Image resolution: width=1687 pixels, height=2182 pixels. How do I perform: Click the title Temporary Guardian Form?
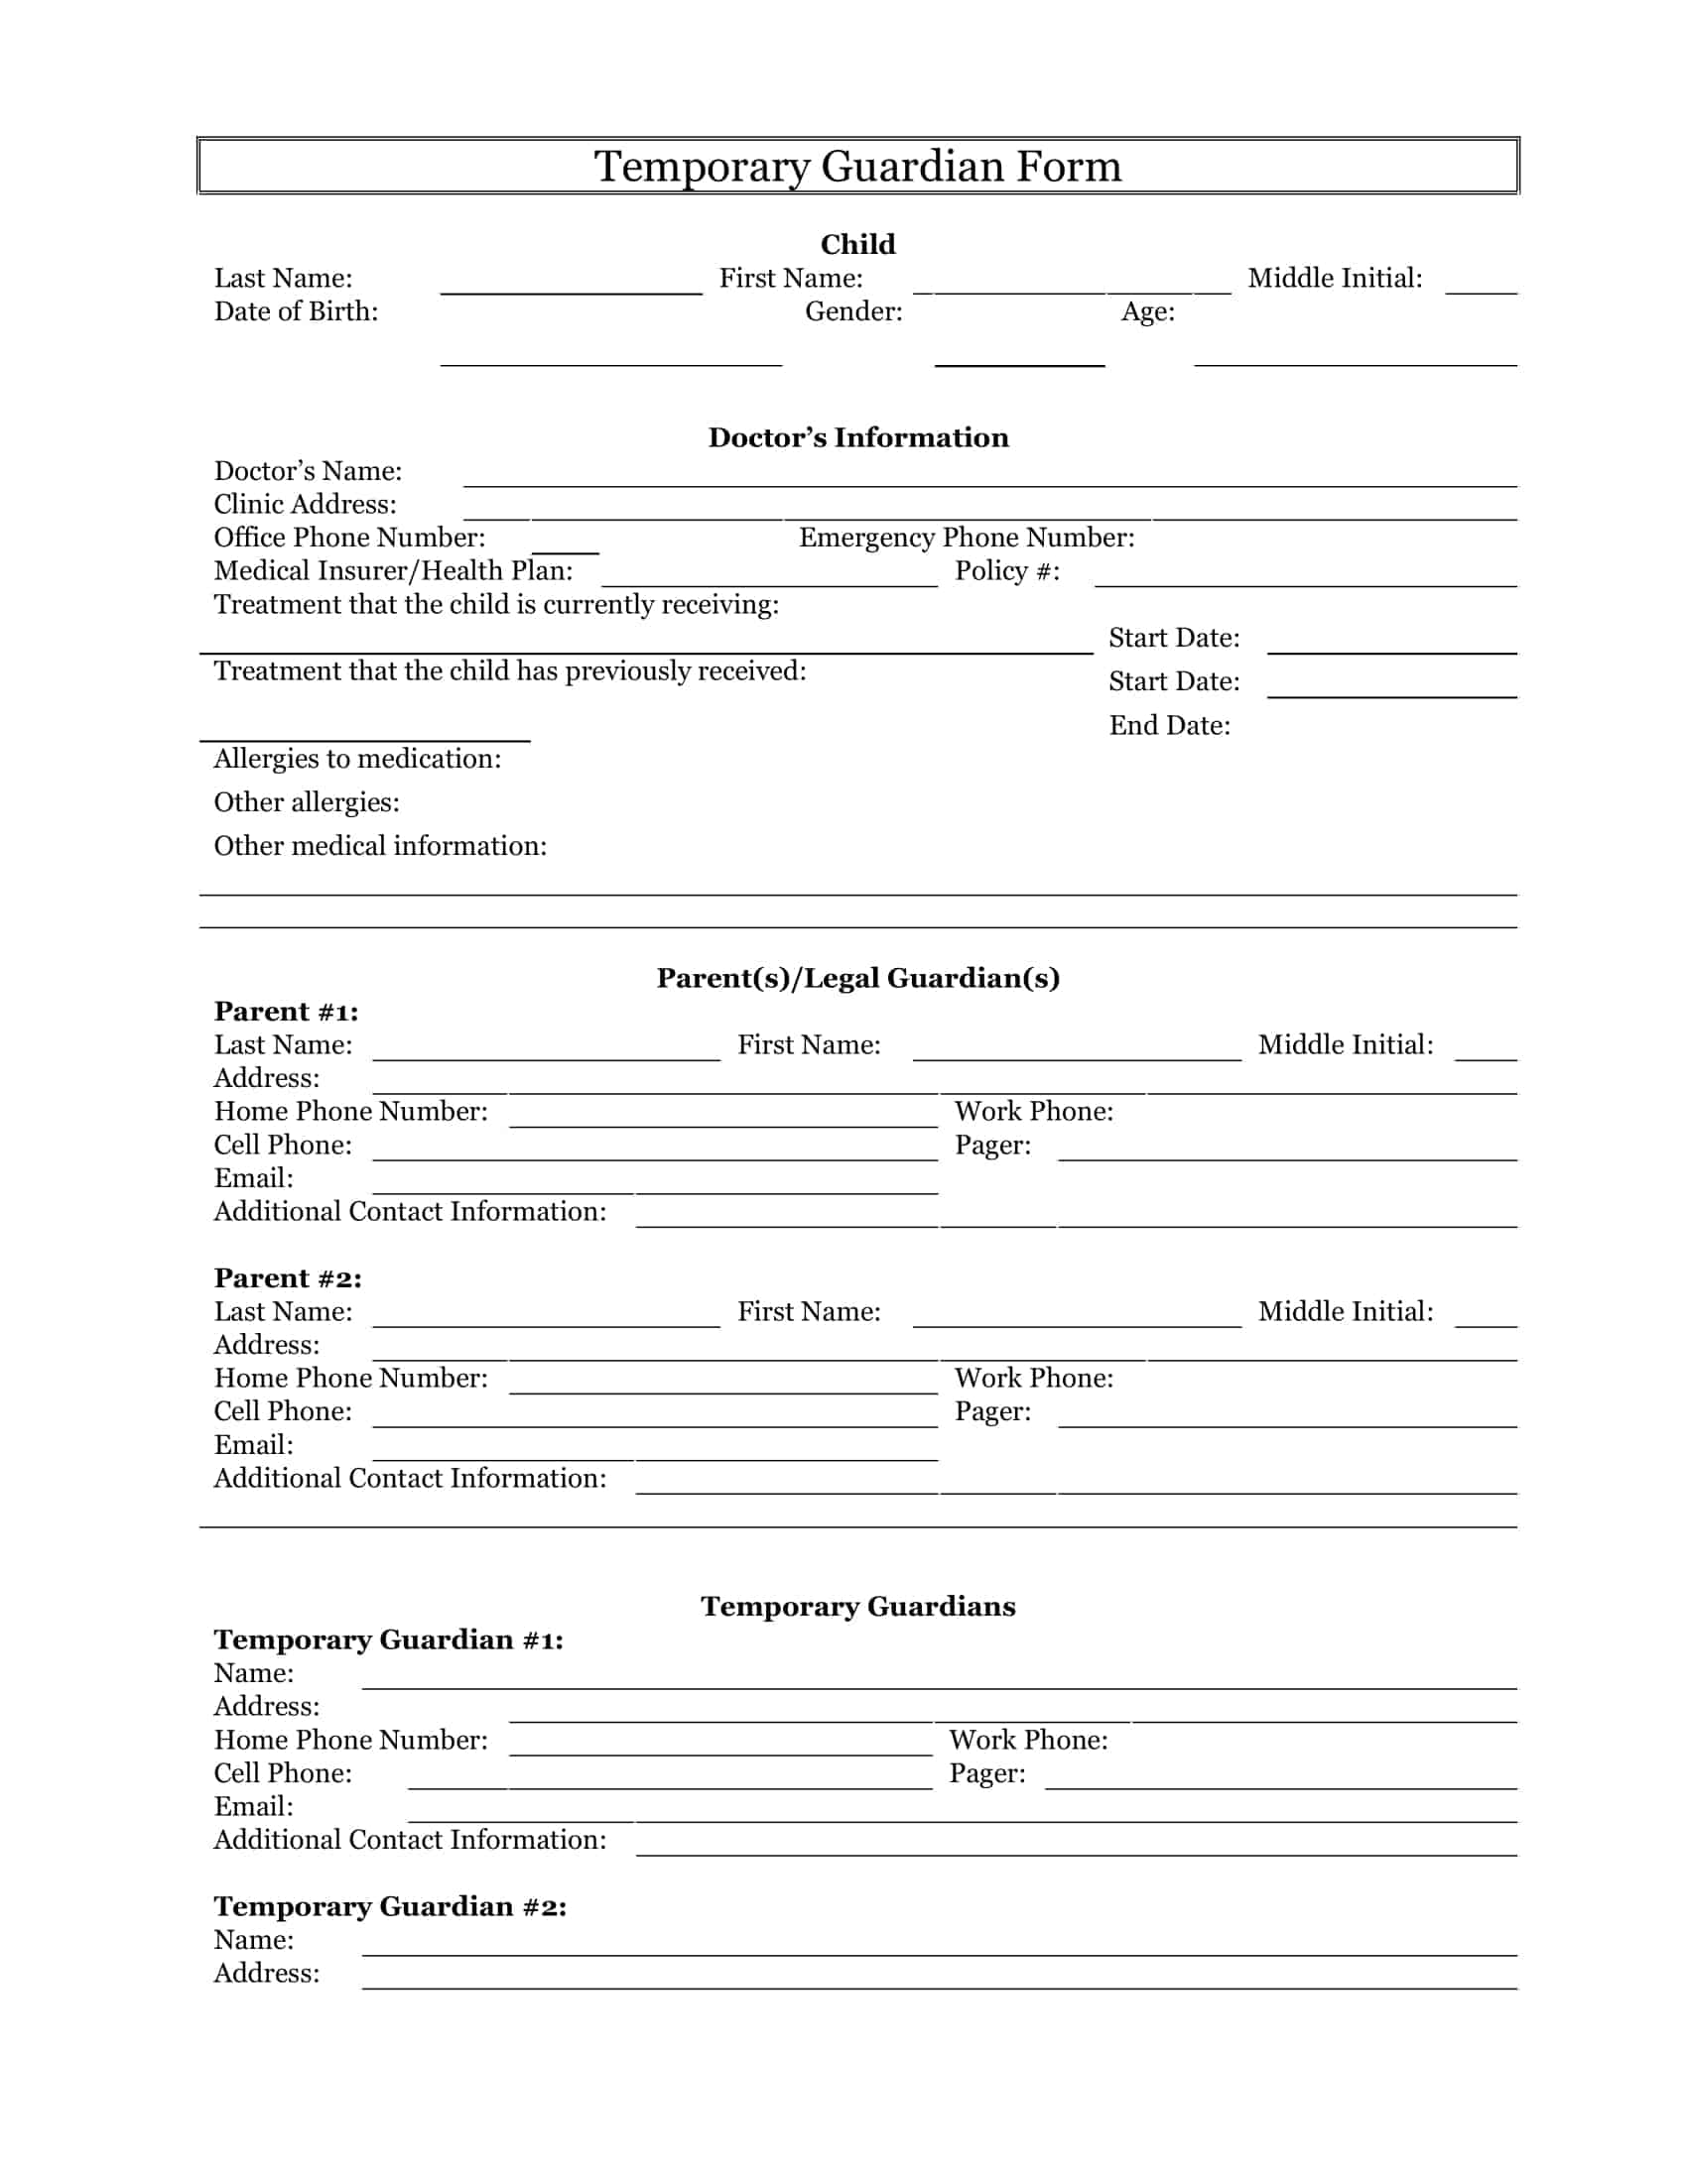pos(857,166)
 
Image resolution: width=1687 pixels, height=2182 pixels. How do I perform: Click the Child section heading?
pos(857,245)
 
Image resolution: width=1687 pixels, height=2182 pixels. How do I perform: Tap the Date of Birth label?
pos(296,311)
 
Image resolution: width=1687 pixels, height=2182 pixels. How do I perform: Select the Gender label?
pos(853,311)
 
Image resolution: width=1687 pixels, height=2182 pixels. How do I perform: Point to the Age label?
pos(1147,311)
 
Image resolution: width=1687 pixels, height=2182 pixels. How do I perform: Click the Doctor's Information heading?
pos(857,437)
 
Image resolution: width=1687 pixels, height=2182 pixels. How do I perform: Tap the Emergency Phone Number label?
pos(967,538)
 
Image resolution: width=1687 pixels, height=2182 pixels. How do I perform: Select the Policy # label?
pos(1006,570)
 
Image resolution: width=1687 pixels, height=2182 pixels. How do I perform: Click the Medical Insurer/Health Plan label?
pos(393,570)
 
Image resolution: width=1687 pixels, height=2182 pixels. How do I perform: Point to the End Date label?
pos(1169,725)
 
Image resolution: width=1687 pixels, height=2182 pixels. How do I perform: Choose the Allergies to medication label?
pos(357,759)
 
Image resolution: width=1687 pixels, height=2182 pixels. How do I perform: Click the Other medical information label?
pos(380,846)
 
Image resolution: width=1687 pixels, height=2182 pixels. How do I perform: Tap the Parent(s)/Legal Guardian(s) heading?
pos(857,978)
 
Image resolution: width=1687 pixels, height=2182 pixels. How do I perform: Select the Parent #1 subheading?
pos(286,1012)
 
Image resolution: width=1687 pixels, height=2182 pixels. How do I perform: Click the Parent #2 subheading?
pos(288,1278)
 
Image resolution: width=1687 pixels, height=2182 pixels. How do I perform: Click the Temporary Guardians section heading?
pos(857,1607)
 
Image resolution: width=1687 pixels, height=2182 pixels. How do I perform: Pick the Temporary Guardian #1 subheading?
pos(388,1640)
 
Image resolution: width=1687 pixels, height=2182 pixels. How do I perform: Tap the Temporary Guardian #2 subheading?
pos(390,1907)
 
